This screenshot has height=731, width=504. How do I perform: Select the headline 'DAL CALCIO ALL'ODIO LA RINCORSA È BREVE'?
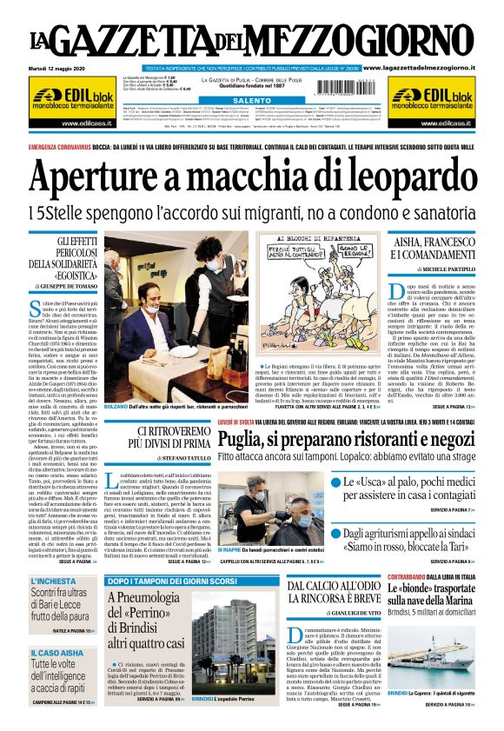coord(334,595)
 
